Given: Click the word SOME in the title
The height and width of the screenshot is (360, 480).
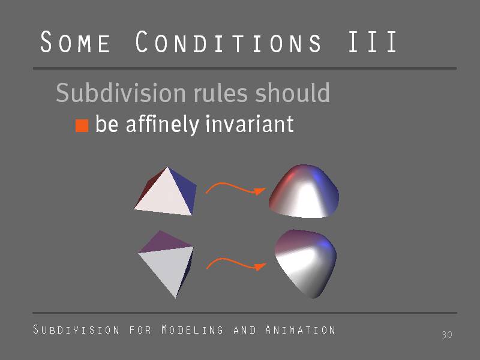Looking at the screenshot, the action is [76, 41].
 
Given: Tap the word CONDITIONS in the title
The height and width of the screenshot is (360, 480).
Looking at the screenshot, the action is [228, 41].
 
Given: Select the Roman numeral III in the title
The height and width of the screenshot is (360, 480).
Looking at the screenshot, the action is [372, 41].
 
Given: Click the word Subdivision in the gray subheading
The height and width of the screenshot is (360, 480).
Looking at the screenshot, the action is [121, 92].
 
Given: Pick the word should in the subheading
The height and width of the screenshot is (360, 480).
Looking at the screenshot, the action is [292, 92].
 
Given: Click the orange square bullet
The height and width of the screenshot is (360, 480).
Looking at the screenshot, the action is [82, 125].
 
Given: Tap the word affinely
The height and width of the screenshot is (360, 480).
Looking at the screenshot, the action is [163, 125].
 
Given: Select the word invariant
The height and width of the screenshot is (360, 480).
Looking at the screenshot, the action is [250, 124].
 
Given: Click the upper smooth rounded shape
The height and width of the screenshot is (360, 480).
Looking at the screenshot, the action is [304, 191].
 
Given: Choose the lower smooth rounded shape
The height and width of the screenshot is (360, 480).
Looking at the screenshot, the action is [305, 263].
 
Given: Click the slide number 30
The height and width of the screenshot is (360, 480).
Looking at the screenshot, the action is [447, 335].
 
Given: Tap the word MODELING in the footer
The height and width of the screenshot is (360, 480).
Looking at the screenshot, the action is [192, 329].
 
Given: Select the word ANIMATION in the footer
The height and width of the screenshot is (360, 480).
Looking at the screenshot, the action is [301, 329].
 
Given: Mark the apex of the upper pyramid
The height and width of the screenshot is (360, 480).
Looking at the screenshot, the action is [167, 167].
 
